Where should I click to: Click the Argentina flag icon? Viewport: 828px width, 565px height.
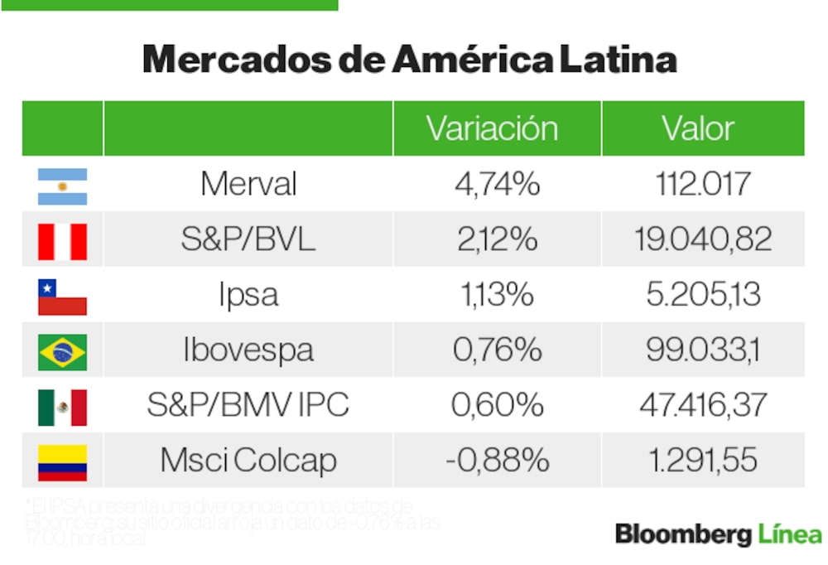(62, 186)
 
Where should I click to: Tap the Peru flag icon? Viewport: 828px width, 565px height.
(62, 241)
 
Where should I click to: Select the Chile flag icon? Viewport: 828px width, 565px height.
(62, 297)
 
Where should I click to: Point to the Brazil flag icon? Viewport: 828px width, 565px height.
(62, 352)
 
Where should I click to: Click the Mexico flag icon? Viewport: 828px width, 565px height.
(62, 407)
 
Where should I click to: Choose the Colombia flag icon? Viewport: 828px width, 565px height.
(62, 462)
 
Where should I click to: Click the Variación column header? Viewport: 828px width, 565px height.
(492, 128)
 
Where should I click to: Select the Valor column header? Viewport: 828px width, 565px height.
(698, 128)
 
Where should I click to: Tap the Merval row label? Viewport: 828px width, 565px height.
(248, 184)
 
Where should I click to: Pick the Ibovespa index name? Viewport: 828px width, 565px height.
(248, 350)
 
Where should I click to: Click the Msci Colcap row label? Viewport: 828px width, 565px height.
(248, 461)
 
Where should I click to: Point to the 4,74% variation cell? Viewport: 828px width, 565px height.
(497, 184)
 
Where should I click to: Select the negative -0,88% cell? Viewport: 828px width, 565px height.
(497, 461)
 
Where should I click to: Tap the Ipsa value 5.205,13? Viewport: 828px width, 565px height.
(703, 295)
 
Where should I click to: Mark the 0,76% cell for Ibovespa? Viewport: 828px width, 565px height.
(497, 350)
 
